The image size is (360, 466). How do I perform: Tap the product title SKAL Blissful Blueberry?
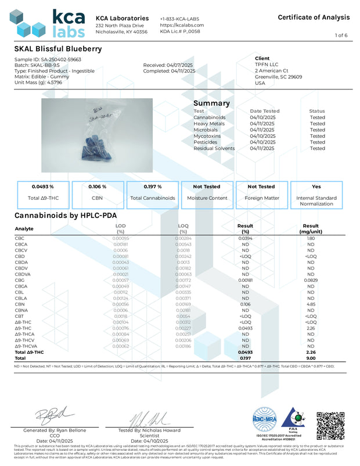point(57,48)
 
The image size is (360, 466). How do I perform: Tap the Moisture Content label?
point(206,198)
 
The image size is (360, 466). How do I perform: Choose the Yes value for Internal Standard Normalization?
point(316,187)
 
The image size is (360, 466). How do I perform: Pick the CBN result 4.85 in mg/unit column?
point(311,304)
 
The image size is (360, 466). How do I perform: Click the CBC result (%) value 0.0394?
point(245,238)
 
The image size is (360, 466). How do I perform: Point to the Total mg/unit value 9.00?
point(311,358)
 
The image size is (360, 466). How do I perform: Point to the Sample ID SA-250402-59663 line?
point(40,59)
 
